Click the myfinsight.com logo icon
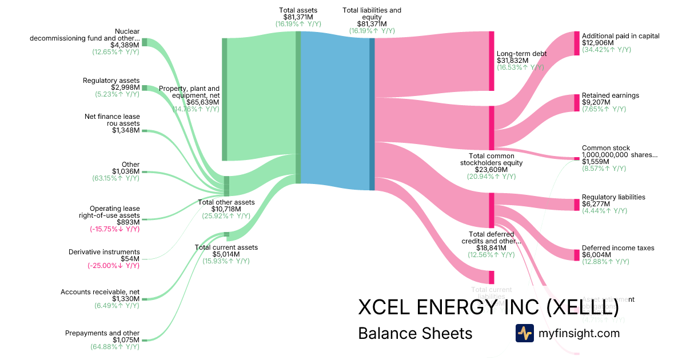[525, 333]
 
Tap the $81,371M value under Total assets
[298, 17]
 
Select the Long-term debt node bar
[492, 61]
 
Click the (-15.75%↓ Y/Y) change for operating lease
[114, 229]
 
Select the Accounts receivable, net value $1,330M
[126, 299]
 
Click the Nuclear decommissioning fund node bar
[145, 42]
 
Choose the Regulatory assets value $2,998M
[125, 87]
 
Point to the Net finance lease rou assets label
[112, 120]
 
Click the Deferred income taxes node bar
[577, 255]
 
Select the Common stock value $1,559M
[596, 162]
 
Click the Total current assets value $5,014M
[226, 254]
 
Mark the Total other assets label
[226, 202]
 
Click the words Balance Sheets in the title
[415, 333]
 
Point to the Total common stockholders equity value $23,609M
[491, 170]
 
